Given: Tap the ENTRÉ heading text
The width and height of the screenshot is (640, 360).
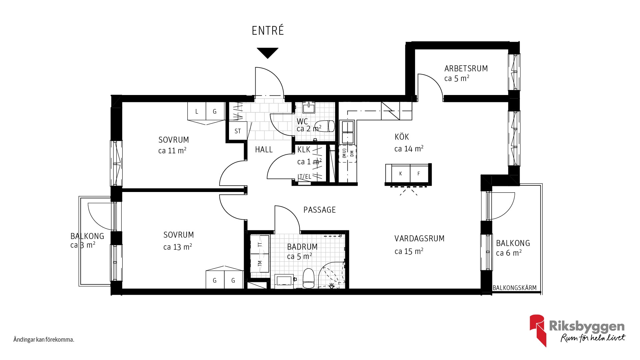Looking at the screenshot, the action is click(x=268, y=30).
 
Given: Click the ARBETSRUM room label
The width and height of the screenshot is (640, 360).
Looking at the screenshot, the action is click(x=466, y=69).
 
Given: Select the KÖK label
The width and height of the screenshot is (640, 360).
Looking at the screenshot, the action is click(x=402, y=137).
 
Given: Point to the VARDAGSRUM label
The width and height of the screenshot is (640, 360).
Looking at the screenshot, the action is click(x=419, y=239).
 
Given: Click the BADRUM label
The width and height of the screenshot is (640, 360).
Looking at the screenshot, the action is click(x=302, y=247).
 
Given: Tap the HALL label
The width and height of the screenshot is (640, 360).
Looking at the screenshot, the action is click(x=264, y=150).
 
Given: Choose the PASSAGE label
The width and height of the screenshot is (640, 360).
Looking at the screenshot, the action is click(x=319, y=210).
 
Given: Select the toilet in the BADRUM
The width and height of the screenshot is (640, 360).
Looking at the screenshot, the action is click(x=309, y=278).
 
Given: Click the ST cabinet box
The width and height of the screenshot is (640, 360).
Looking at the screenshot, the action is click(x=238, y=131).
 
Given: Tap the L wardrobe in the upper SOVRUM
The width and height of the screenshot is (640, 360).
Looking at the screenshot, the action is click(x=197, y=111).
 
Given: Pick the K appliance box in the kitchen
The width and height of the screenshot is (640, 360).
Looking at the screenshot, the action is click(x=400, y=173).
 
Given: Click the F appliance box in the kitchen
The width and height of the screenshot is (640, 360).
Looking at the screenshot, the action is click(x=419, y=173).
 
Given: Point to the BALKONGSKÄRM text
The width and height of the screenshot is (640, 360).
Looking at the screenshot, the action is click(x=515, y=288).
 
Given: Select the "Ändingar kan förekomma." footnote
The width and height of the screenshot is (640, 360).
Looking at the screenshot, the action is click(x=44, y=340).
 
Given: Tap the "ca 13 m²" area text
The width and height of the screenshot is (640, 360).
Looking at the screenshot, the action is click(x=177, y=247).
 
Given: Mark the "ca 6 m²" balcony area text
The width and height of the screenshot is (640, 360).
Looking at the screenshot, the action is click(x=509, y=253).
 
